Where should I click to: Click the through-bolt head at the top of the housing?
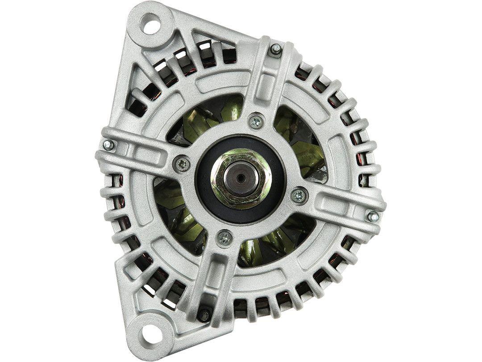pyautogui.click(x=276, y=49)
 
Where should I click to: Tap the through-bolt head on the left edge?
pyautogui.click(x=108, y=145)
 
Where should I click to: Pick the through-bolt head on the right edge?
pyautogui.click(x=373, y=216)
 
